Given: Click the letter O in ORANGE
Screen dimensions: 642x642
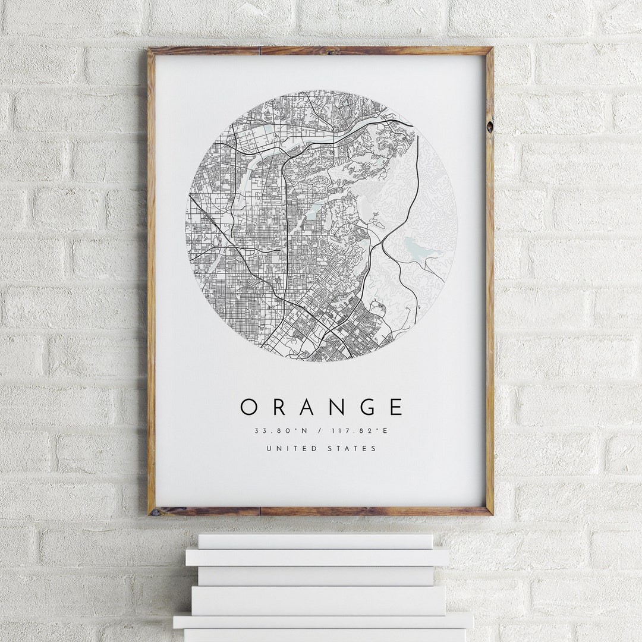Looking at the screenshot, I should pyautogui.click(x=249, y=407).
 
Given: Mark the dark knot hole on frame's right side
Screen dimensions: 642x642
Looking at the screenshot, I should pyautogui.click(x=489, y=127).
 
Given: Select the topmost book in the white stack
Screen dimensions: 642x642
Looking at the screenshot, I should pyautogui.click(x=316, y=541).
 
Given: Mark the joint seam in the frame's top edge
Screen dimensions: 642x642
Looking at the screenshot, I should pyautogui.click(x=260, y=51).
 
